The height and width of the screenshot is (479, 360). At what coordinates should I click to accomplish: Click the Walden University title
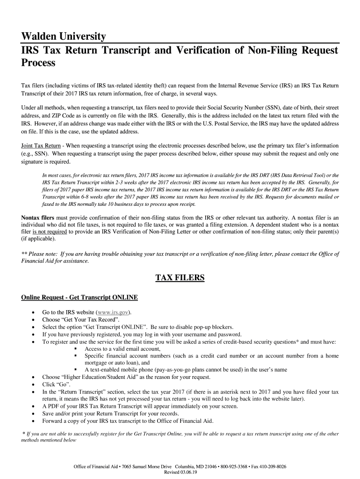click(64, 37)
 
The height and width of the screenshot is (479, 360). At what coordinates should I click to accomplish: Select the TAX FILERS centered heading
click(180, 278)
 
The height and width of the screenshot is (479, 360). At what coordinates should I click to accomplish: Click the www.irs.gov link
click(112, 312)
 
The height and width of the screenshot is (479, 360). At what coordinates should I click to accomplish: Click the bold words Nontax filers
click(38, 218)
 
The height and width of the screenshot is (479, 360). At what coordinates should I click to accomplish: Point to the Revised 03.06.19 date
click(180, 472)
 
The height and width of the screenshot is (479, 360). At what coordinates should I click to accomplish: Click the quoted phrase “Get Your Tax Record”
click(85, 320)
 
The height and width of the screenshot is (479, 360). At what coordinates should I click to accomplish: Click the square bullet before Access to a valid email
click(75, 349)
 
